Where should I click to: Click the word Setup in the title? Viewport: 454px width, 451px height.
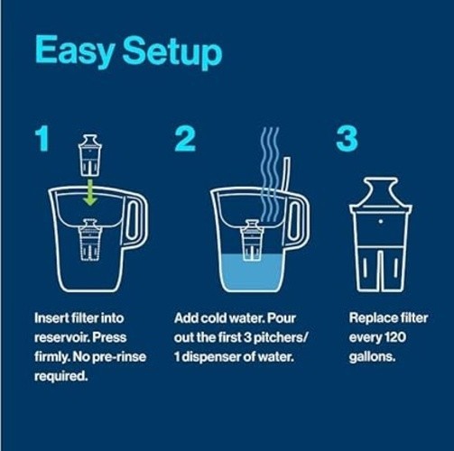[x=171, y=53]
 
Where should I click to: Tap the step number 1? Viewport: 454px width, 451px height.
[x=42, y=140]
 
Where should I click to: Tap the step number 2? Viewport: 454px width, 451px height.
[x=186, y=140]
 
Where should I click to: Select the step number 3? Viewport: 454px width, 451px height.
[x=347, y=140]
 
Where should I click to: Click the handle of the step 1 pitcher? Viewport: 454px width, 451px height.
[x=134, y=225]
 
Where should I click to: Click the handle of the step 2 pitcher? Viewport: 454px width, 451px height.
[x=295, y=225]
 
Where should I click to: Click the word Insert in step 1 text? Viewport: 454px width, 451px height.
[x=51, y=319]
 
